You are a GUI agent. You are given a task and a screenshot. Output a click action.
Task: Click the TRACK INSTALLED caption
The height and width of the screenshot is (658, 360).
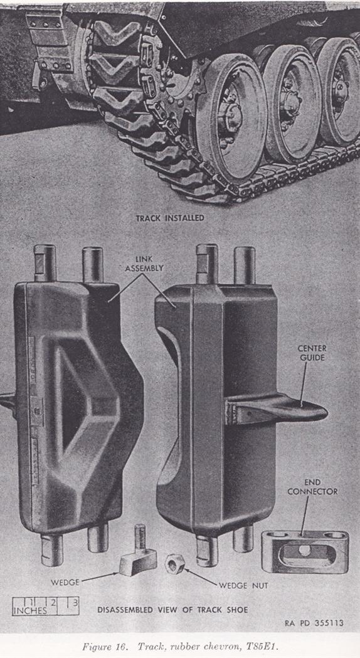click(x=170, y=218)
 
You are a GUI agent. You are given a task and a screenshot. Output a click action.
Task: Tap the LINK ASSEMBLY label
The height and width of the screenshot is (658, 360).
click(x=144, y=263)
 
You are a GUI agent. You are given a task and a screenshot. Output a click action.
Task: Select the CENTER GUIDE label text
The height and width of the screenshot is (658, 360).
click(x=312, y=353)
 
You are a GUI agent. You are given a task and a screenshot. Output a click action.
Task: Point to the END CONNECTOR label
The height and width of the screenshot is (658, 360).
click(x=312, y=487)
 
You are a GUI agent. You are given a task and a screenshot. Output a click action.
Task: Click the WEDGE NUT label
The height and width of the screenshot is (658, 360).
click(x=243, y=585)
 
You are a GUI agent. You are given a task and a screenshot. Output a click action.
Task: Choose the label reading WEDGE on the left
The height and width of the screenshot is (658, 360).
click(x=65, y=583)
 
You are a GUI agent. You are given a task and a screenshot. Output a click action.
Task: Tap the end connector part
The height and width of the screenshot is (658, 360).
click(x=305, y=551)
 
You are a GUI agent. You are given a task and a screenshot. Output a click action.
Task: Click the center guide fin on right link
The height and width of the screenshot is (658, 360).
click(x=277, y=408)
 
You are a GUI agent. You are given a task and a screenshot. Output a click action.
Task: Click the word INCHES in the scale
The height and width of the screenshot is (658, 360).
click(x=29, y=610)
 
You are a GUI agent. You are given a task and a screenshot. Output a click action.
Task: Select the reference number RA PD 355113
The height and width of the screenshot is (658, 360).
click(x=314, y=623)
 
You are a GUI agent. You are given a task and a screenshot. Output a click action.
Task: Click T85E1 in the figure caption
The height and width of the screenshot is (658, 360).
click(x=262, y=646)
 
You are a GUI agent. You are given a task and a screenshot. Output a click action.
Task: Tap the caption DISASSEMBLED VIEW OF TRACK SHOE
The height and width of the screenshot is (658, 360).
click(x=172, y=609)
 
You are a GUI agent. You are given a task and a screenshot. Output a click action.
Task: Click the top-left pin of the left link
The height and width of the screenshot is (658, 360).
click(x=45, y=263)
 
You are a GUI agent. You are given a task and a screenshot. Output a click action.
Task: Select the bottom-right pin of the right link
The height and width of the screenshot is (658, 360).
click(x=243, y=539)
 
